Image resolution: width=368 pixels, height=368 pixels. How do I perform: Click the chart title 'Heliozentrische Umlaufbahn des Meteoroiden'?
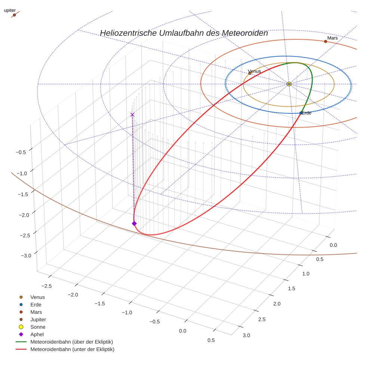184,33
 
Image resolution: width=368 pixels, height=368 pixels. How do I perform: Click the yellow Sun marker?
289,84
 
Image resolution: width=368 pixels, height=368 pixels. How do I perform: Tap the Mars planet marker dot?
325,42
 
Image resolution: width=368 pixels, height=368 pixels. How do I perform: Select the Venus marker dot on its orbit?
250,73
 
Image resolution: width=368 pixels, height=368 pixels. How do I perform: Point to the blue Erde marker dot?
301,113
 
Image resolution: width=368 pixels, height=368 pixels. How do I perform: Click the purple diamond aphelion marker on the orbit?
134,223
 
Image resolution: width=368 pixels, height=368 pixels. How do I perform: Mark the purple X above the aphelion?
132,115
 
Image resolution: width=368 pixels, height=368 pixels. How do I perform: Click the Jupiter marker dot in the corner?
14,15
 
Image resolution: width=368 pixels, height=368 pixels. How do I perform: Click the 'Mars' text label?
332,38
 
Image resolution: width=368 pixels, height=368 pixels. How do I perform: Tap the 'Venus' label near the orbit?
254,71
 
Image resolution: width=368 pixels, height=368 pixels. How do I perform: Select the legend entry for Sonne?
38,327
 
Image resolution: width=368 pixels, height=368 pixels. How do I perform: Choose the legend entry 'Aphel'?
37,334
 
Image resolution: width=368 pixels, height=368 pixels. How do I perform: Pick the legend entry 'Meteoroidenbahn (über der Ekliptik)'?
71,342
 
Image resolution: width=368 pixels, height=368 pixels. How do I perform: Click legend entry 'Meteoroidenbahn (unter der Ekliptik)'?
72,349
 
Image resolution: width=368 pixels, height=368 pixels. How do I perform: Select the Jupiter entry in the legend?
38,319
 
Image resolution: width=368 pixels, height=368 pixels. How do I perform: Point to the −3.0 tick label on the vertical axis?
26,255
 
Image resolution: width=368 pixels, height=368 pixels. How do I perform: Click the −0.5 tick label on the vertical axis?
21,152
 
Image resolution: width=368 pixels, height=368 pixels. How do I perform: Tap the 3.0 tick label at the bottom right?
246,335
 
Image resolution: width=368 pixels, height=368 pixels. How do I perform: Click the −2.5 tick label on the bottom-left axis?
46,286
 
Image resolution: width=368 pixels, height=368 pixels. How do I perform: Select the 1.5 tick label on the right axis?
291,288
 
